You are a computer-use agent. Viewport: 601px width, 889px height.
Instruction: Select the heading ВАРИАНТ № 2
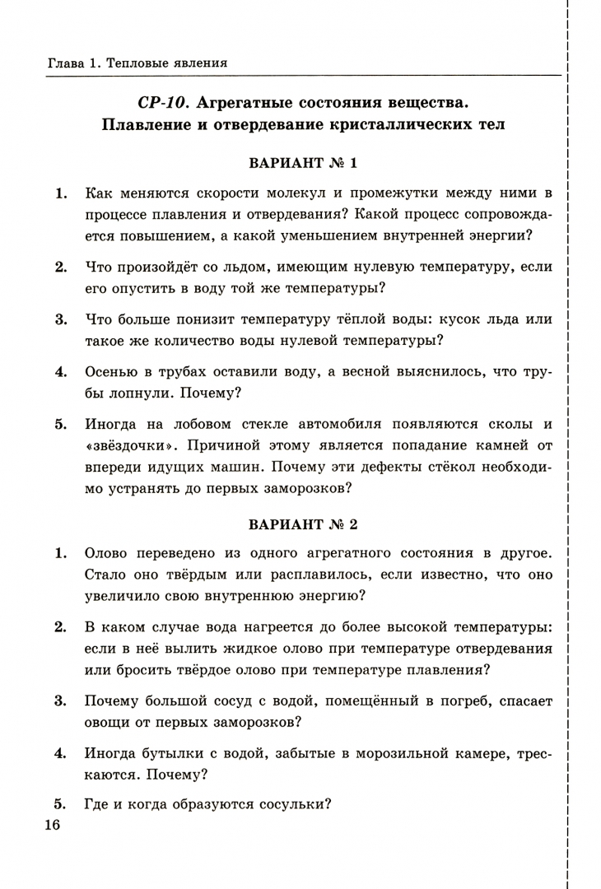[303, 523]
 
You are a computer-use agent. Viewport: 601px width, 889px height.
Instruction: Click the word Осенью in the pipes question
[112, 371]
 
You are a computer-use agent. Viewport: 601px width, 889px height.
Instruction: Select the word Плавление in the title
[148, 125]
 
